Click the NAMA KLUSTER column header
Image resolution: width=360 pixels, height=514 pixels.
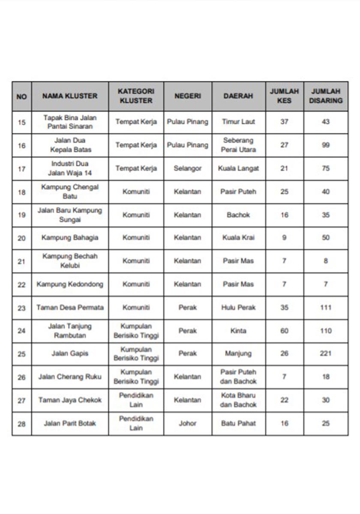point(70,96)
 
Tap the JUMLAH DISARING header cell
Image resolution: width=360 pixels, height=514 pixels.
point(326,96)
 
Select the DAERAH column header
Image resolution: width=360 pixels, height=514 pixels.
point(238,96)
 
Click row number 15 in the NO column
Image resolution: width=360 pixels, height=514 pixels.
point(21,122)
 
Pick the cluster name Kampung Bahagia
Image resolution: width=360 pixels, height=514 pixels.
point(70,238)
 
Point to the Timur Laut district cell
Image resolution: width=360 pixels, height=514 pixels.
point(238,122)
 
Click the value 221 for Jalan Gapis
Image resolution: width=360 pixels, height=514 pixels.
point(326,354)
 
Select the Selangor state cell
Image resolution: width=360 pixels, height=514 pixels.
point(187,168)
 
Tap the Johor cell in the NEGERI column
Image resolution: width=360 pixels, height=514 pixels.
point(187,423)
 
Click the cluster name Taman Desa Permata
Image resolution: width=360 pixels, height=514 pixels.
point(70,308)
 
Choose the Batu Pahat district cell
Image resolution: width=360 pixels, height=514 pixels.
point(238,423)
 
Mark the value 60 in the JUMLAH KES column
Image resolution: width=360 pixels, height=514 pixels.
point(284,331)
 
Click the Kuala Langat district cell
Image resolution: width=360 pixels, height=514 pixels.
point(238,168)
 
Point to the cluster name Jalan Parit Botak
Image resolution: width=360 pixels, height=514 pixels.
point(70,423)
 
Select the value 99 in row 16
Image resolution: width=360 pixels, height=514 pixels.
point(326,145)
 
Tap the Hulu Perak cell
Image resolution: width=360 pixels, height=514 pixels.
point(238,308)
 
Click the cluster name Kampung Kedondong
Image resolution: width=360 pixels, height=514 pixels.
point(70,284)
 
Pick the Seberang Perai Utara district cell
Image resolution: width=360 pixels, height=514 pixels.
point(238,145)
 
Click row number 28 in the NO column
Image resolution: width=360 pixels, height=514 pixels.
point(21,424)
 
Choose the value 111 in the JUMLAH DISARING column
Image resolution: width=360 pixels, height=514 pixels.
point(326,308)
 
